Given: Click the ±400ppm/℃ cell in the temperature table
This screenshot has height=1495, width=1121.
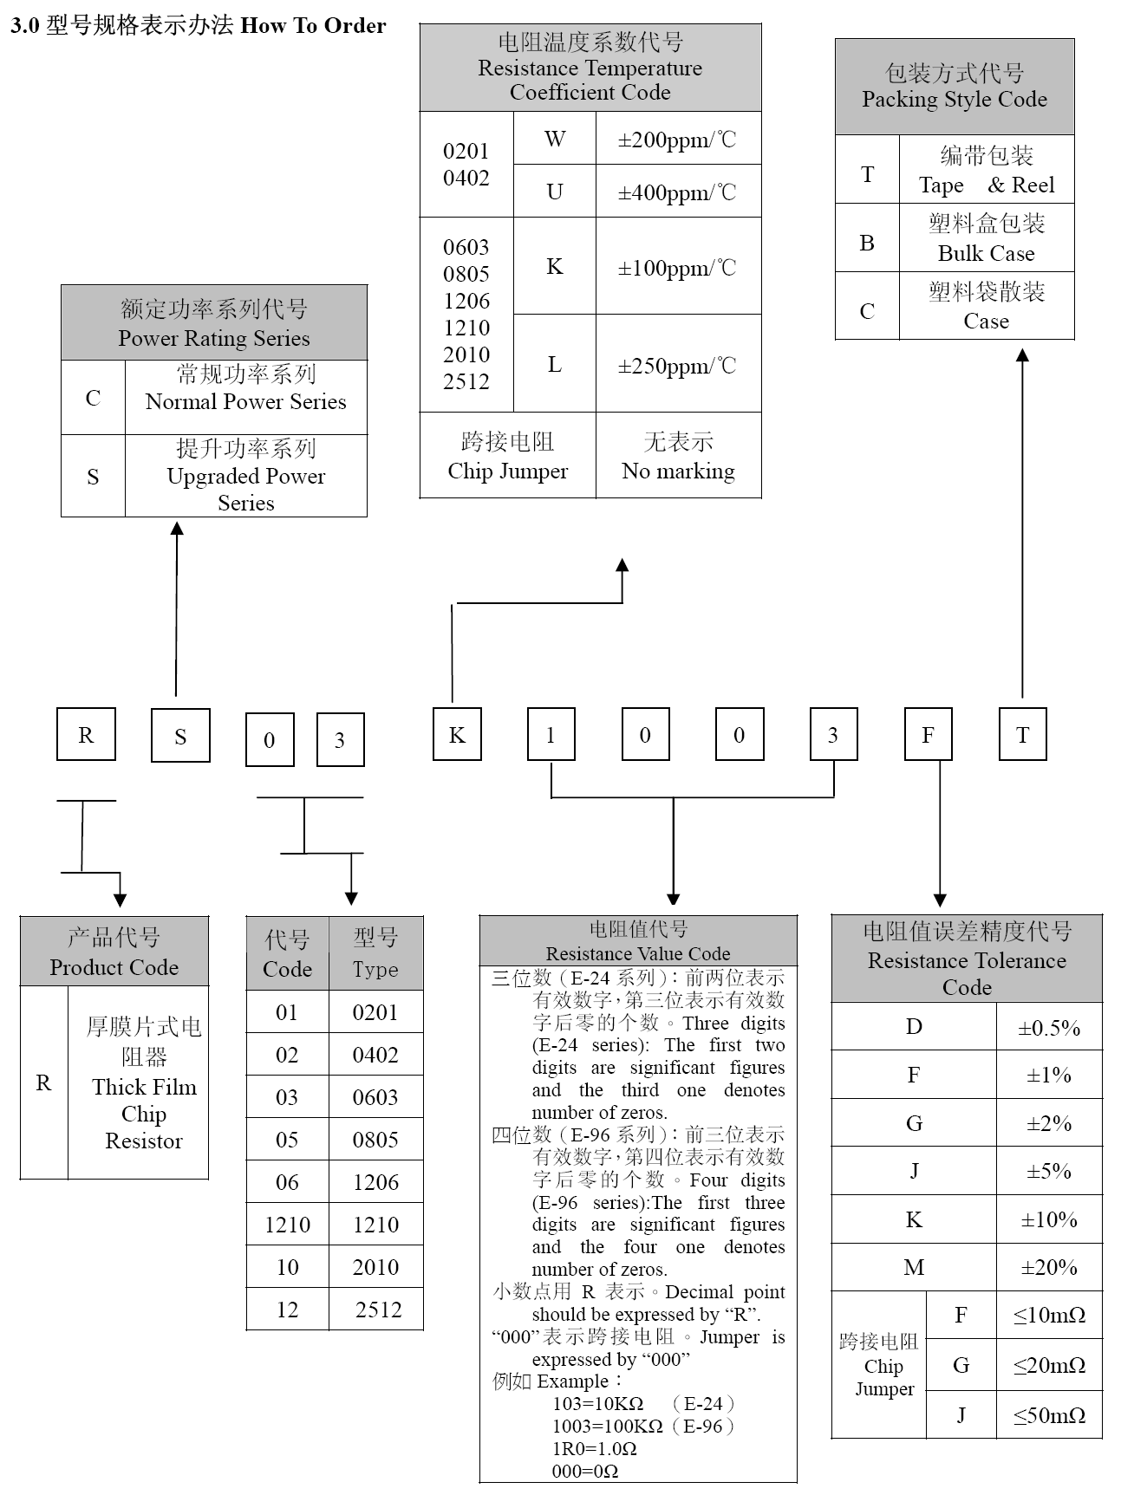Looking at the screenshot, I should tap(677, 192).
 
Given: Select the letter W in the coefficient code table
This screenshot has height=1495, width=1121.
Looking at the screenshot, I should tap(555, 139).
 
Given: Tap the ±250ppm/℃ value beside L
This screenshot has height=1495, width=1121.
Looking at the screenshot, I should tap(677, 365).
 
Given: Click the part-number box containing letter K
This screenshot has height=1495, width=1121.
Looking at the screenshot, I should tap(457, 735).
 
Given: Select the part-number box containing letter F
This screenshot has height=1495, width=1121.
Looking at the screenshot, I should tap(928, 735).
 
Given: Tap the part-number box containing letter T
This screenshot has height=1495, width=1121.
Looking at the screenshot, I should tap(1022, 735).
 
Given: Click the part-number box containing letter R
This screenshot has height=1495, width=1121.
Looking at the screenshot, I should tap(86, 735).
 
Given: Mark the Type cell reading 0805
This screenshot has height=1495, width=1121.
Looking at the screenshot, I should tap(375, 1140).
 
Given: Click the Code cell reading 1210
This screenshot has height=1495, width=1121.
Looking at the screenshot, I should tap(287, 1225).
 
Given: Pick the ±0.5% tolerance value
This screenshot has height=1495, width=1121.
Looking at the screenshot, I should tap(1049, 1028).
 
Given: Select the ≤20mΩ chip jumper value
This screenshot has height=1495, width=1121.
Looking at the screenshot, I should tap(1049, 1366).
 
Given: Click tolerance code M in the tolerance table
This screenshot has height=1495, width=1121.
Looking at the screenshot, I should tap(914, 1268).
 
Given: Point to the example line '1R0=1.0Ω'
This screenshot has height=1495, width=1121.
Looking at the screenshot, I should tap(595, 1448).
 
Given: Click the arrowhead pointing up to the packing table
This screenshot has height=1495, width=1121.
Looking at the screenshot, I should tap(1022, 355).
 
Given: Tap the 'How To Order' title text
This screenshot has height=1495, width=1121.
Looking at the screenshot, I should tap(313, 26).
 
